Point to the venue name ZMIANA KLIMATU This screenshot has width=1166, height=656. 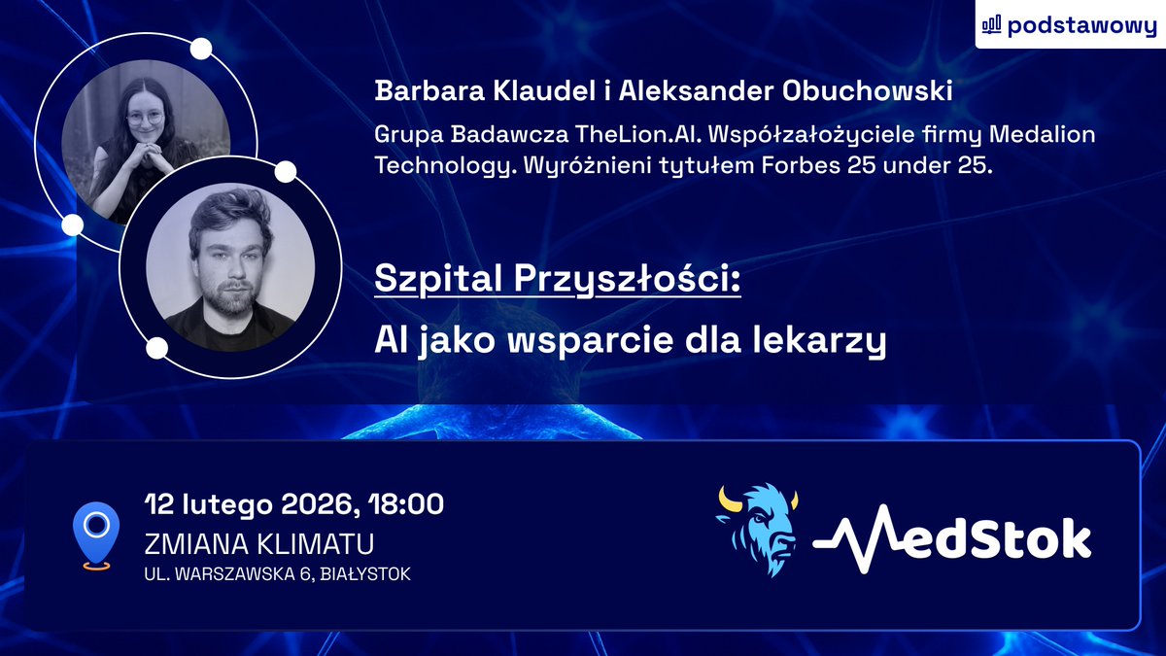coord(259,542)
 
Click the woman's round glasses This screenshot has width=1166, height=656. coord(146,118)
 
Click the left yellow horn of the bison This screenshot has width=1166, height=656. coord(728,500)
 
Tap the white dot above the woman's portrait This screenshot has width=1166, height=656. coord(201,49)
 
